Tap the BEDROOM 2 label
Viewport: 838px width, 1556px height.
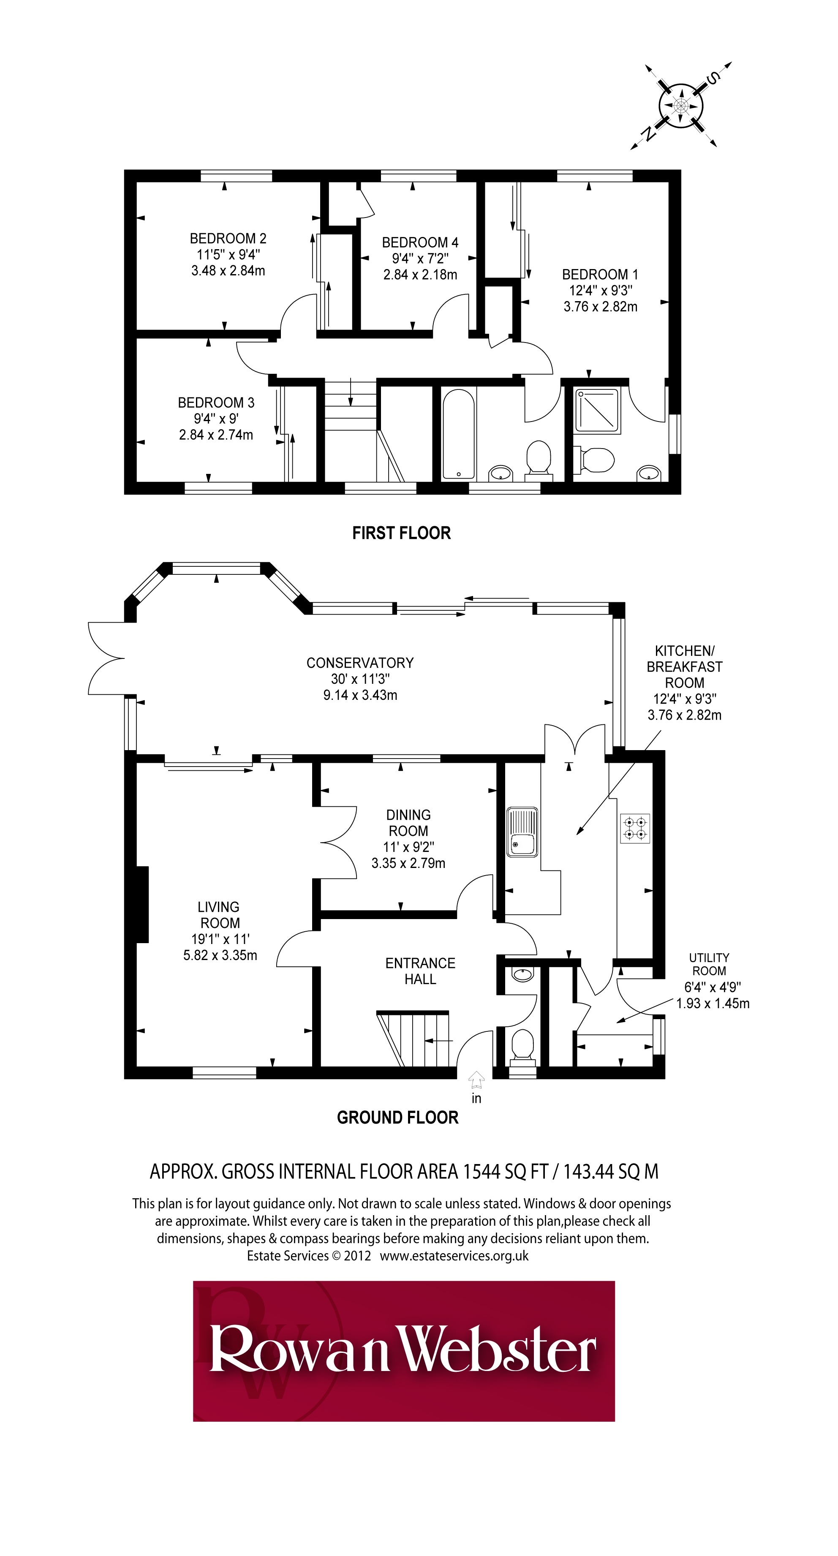(x=228, y=239)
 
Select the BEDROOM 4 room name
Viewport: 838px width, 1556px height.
(x=420, y=243)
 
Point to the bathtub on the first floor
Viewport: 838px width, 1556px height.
(x=459, y=434)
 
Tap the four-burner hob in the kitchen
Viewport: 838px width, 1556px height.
(x=634, y=828)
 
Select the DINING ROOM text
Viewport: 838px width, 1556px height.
(x=408, y=823)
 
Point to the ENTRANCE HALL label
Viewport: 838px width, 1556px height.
(x=421, y=971)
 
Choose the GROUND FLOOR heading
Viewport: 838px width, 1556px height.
(x=397, y=1118)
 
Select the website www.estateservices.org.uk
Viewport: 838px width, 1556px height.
(x=454, y=1256)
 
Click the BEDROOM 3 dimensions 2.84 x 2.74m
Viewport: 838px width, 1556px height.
(x=216, y=435)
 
